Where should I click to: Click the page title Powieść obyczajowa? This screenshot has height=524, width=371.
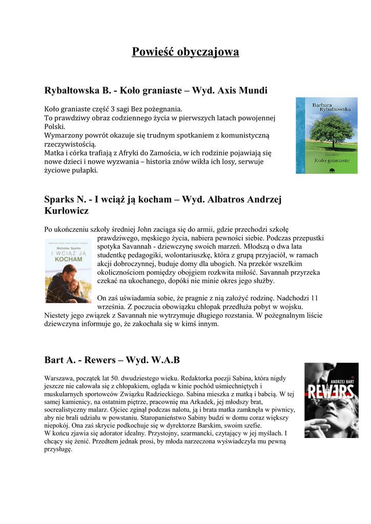point(186,52)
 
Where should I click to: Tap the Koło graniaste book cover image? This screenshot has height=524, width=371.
point(326,136)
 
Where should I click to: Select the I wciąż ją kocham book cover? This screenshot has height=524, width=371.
point(68,271)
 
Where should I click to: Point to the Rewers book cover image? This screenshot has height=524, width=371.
point(331,400)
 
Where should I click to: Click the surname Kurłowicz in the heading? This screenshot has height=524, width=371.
point(67,210)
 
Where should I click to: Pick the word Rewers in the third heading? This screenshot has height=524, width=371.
point(100,360)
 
